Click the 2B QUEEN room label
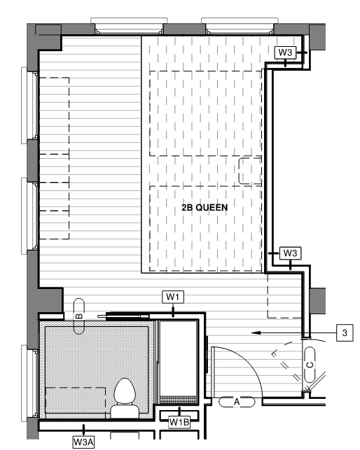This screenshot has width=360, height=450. [205, 207]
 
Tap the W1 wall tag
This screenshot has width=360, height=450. [173, 297]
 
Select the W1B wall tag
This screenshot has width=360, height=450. [179, 422]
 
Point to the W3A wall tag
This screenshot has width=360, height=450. [83, 442]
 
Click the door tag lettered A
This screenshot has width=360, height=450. [237, 402]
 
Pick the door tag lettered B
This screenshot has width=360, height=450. [79, 316]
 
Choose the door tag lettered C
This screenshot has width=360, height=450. [310, 365]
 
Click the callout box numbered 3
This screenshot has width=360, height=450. [345, 332]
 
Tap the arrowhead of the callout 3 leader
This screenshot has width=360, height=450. [254, 332]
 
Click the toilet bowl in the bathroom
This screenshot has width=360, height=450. [125, 391]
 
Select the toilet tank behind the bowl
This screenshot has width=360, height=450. [125, 412]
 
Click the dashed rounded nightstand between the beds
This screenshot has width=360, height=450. [250, 171]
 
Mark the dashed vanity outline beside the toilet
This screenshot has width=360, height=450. [76, 402]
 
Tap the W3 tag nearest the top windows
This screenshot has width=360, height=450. [285, 52]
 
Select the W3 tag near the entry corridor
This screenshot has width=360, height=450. [290, 253]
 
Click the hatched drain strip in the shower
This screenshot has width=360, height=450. [179, 400]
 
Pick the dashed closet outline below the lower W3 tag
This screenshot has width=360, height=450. [284, 295]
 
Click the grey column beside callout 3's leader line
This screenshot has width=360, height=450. [317, 301]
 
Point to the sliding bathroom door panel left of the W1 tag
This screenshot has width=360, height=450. [127, 316]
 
